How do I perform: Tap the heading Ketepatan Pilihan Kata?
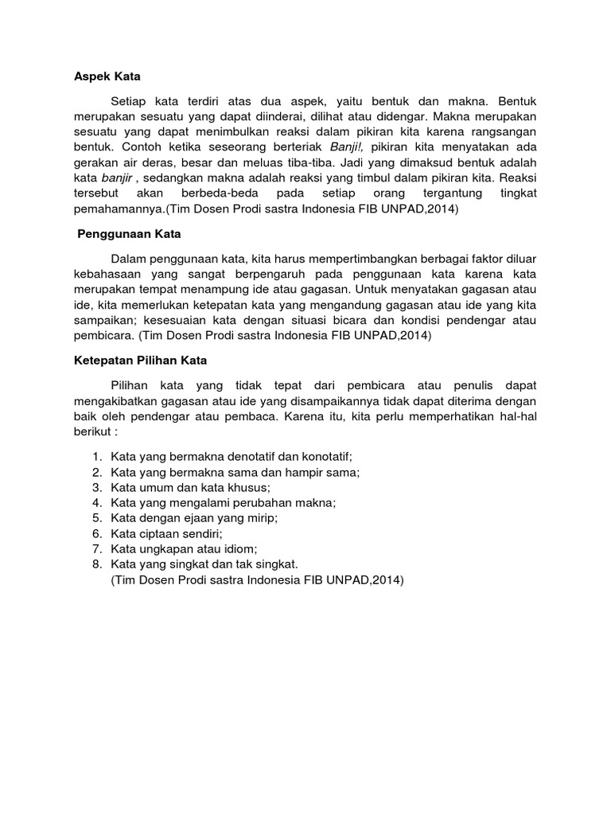pos(135,360)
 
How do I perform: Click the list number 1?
pos(96,456)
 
